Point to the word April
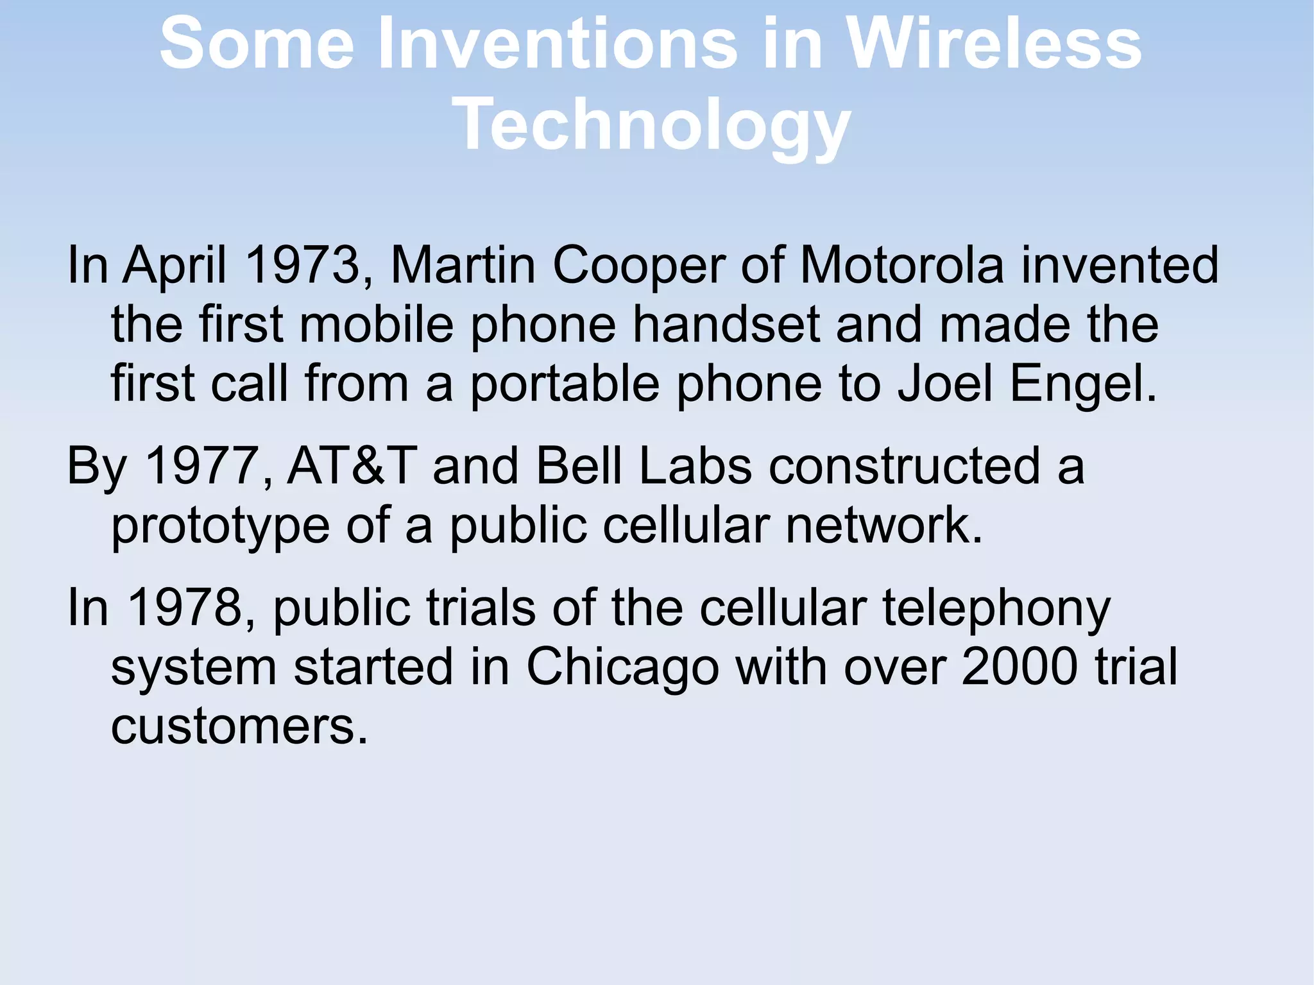point(175,266)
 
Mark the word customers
point(239,726)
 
